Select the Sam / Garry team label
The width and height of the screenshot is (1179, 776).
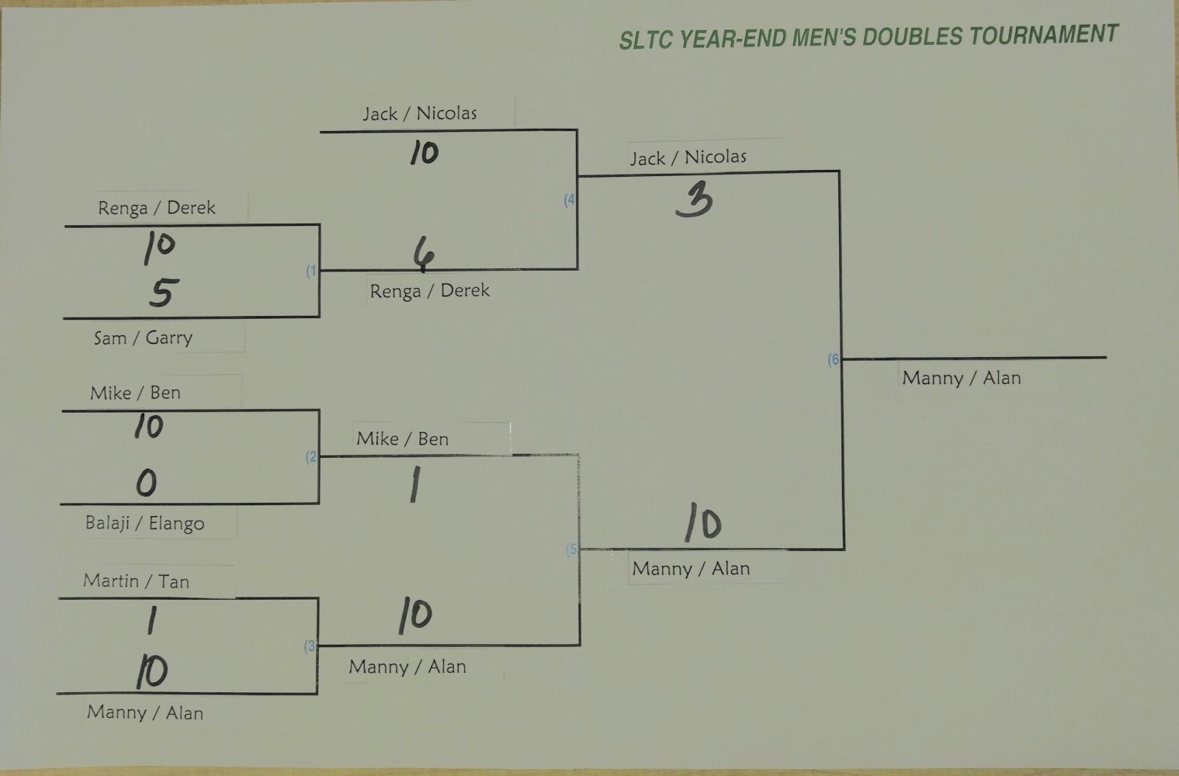tap(143, 338)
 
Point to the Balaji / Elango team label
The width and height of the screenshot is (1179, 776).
tap(144, 523)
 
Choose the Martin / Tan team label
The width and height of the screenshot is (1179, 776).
tap(136, 581)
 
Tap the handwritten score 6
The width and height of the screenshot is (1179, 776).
tap(423, 254)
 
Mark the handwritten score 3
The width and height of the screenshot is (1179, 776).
tap(694, 201)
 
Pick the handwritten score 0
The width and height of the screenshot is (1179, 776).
tap(146, 483)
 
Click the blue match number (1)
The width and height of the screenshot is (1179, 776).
tap(311, 271)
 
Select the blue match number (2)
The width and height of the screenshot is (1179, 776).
tap(311, 457)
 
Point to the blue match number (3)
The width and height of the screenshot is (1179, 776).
tap(310, 646)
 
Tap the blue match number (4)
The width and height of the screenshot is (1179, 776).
tap(570, 199)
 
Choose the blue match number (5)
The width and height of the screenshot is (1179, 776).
tap(572, 549)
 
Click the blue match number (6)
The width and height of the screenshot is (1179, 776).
tap(834, 359)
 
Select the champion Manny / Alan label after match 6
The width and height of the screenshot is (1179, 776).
tap(961, 378)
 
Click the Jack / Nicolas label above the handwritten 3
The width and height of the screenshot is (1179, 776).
tap(688, 158)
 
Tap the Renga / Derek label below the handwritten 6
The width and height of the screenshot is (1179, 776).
tap(429, 291)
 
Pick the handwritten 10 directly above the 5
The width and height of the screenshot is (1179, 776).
tap(159, 247)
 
